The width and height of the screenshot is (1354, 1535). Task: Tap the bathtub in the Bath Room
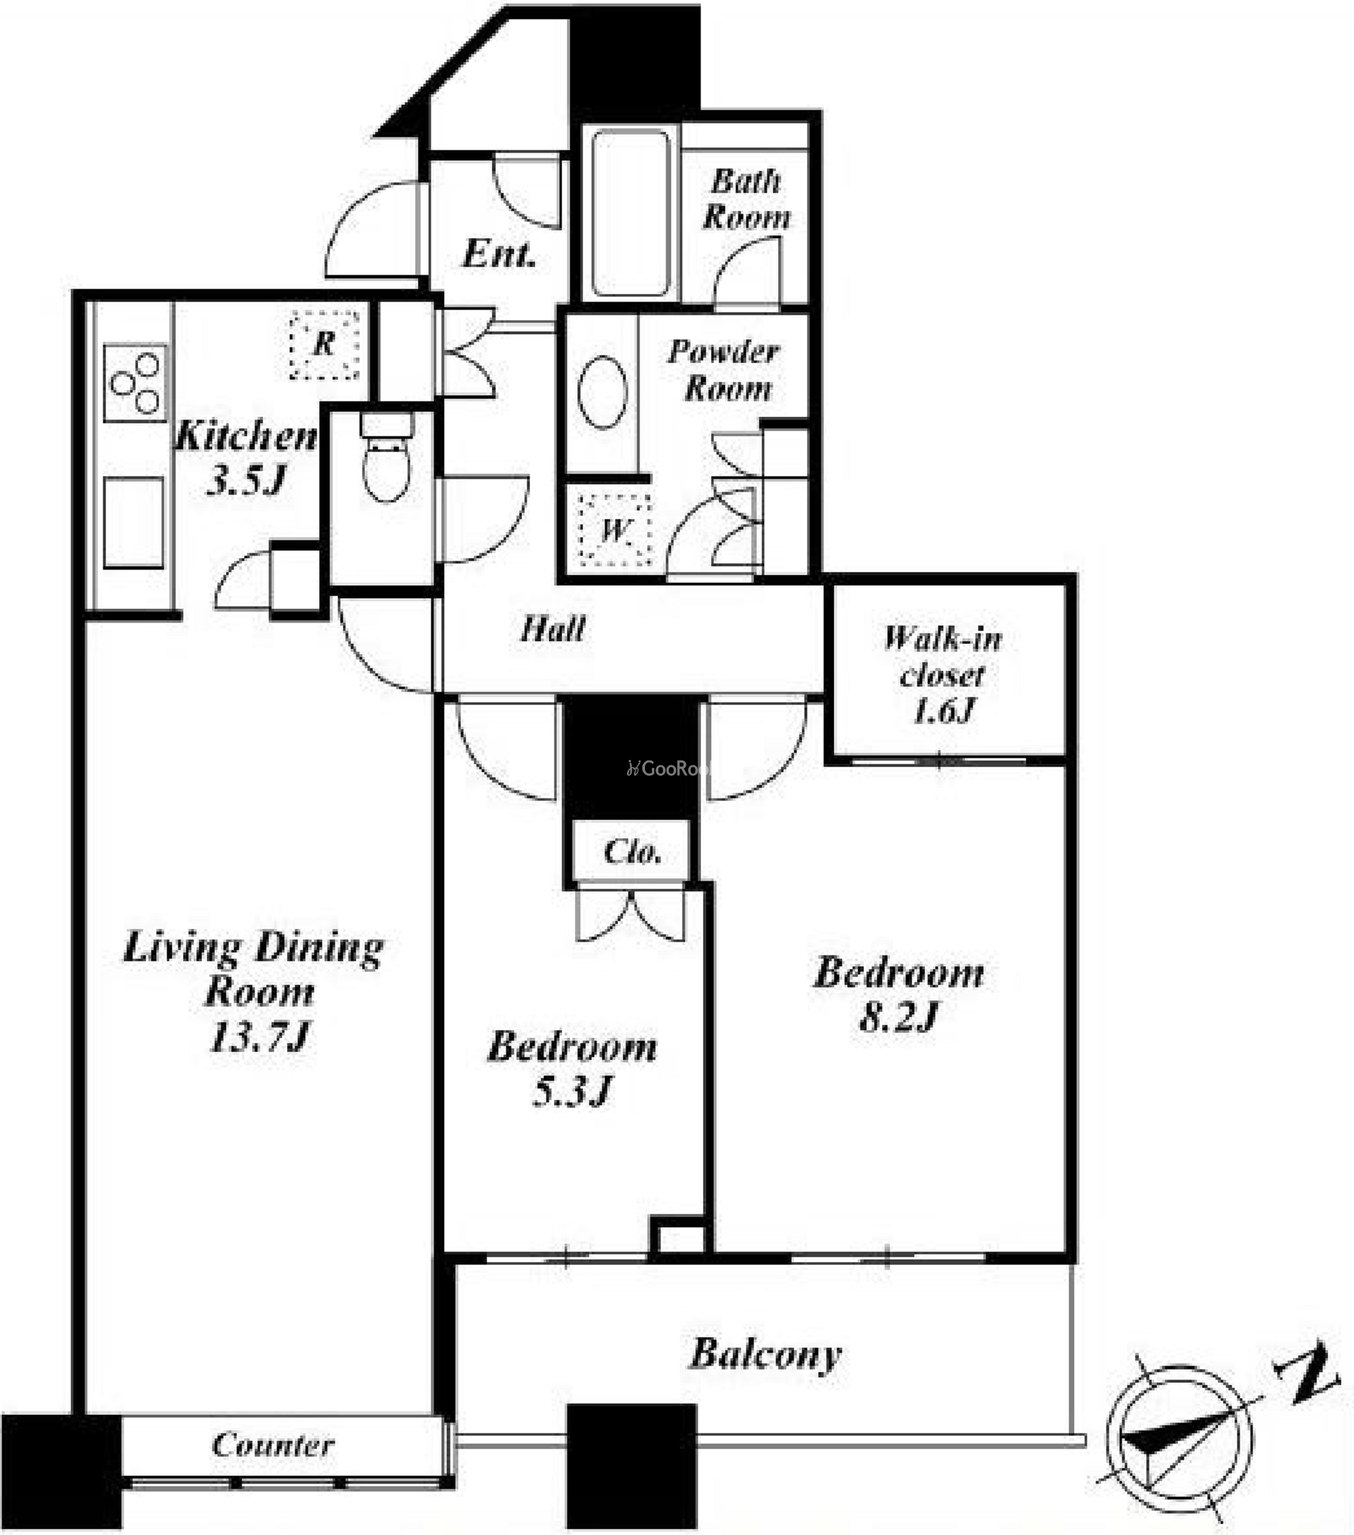pos(630,214)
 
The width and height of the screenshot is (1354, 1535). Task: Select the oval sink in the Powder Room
pos(602,392)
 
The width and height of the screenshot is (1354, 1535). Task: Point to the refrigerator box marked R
pos(325,345)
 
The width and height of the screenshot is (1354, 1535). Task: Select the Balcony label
pos(765,1355)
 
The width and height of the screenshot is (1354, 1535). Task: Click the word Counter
pos(273,1445)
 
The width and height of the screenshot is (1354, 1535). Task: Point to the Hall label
pos(553,629)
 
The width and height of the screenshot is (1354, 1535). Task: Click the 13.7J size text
pos(258,1038)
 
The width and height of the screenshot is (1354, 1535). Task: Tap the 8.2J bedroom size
pos(899,1017)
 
